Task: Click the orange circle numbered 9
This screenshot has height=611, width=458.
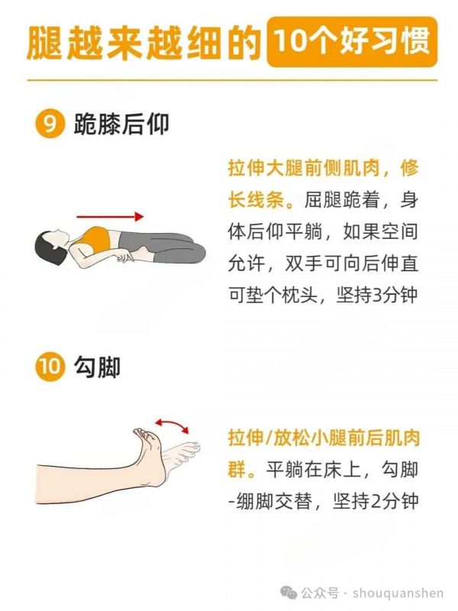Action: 50,124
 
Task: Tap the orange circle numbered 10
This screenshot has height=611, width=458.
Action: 50,367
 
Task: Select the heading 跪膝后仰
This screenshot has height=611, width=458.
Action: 121,124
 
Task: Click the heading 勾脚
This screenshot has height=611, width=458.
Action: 97,367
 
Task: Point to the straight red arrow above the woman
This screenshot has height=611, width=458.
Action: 110,216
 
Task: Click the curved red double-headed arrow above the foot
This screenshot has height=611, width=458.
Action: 173,424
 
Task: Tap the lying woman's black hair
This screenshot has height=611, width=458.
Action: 47,247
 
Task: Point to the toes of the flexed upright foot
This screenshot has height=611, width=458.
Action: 143,434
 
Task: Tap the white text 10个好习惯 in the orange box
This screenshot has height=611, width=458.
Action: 353,40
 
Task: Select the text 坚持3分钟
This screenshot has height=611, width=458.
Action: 377,295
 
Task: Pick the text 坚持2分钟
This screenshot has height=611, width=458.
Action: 376,501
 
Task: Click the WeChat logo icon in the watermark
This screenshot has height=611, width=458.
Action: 289,593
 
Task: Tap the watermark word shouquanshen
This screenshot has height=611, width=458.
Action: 398,593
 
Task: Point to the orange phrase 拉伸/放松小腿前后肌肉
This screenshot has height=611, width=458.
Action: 324,438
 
